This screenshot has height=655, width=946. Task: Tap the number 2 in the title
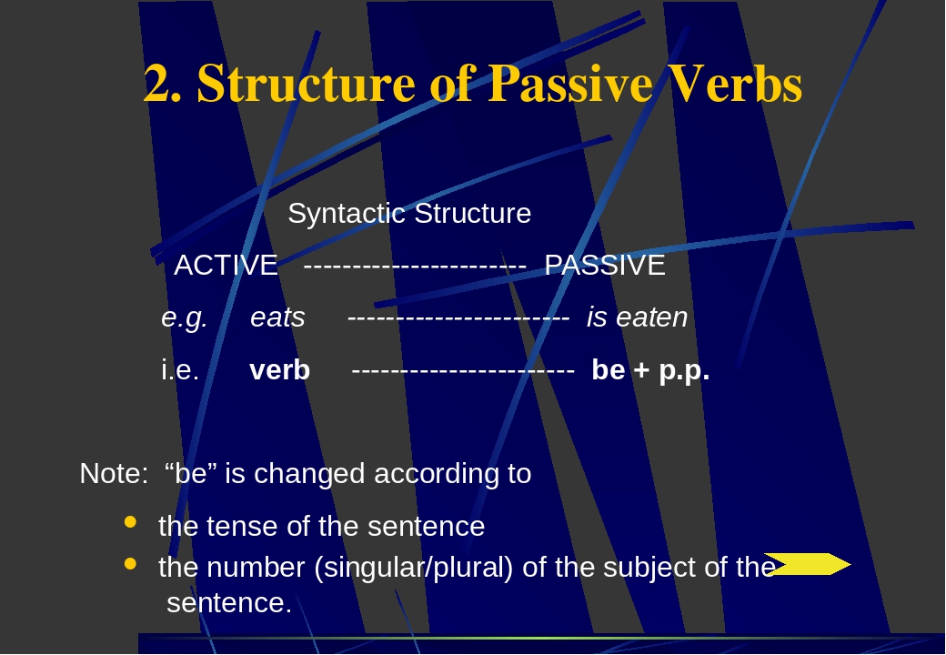(158, 85)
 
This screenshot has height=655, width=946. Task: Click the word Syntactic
(347, 214)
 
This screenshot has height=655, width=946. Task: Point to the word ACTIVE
(226, 266)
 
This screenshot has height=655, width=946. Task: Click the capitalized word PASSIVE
(605, 266)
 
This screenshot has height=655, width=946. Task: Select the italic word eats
(277, 318)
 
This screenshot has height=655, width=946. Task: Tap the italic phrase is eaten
(637, 318)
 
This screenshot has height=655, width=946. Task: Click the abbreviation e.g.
(185, 318)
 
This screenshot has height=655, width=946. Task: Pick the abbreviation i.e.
(180, 371)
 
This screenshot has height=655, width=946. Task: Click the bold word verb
(279, 371)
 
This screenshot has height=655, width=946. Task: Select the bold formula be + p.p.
(649, 371)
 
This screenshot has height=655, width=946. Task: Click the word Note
(111, 474)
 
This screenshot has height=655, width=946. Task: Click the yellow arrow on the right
(807, 565)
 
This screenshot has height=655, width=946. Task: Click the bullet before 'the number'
(130, 564)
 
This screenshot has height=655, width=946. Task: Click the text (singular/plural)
(414, 568)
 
